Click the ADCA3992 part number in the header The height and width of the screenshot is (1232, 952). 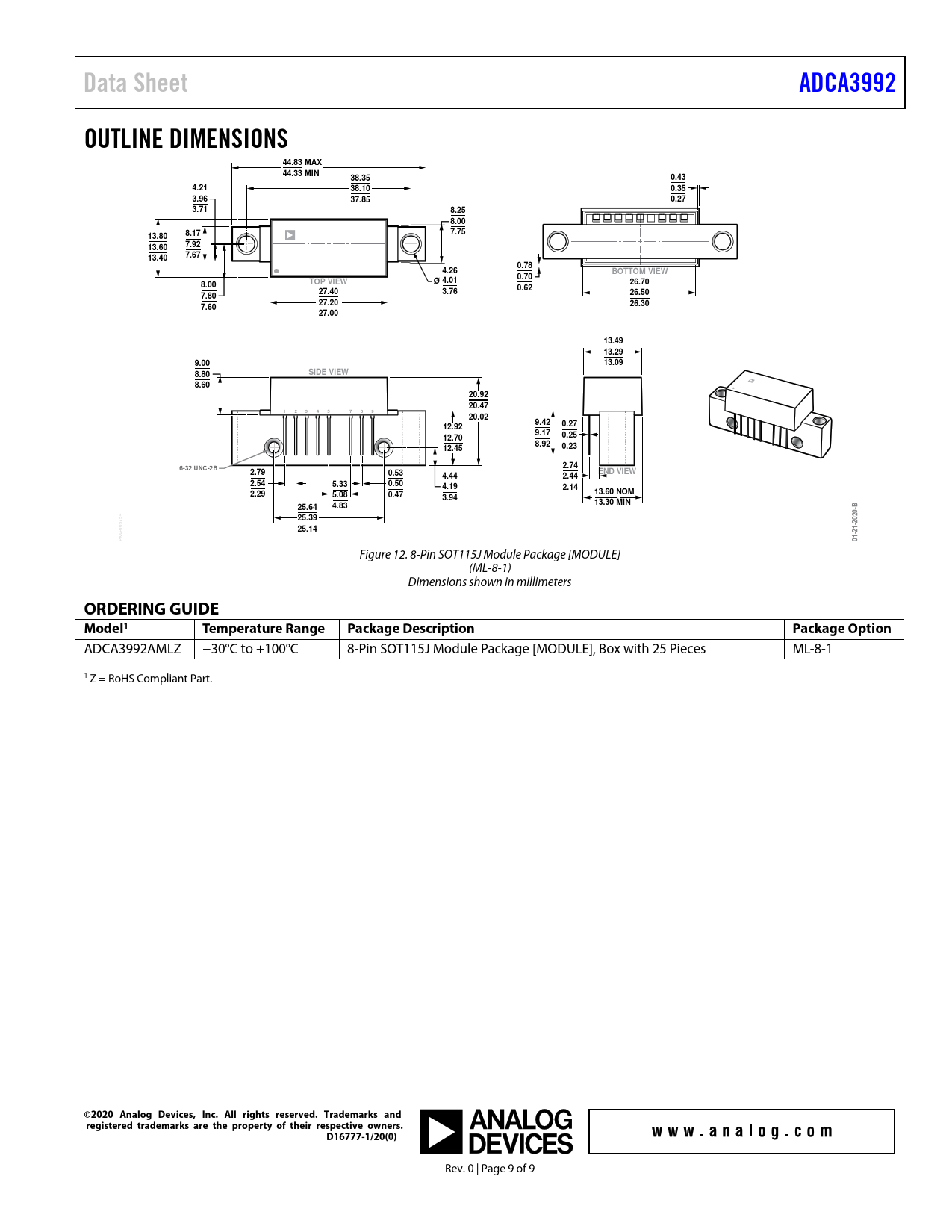pos(847,83)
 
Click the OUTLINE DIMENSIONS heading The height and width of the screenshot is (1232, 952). pos(186,139)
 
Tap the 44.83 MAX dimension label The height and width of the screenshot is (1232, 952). pos(302,162)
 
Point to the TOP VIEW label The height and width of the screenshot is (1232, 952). pos(329,281)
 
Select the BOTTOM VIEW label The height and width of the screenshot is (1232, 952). pos(639,271)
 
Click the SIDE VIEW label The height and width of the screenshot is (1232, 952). pos(329,372)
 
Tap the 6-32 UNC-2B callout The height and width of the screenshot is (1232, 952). pos(198,468)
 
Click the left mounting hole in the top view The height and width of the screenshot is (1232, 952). pos(246,243)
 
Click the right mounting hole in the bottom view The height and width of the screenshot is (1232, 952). pos(722,241)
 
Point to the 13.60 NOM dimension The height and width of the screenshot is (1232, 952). pos(614,491)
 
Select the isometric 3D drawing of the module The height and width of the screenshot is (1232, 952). pos(770,413)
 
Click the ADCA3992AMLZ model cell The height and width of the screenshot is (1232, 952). pos(133,649)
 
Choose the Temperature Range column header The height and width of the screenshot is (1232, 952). pos(264,629)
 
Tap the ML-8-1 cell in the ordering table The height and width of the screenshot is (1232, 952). pos(812,649)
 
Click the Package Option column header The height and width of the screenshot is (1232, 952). pos(841,629)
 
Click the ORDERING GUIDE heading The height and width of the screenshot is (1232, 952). pos(152,609)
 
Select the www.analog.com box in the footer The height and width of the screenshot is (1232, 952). pos(741,1131)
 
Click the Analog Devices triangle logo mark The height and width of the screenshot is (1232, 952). pos(441,1131)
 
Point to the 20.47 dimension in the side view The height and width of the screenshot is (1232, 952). pos(479,405)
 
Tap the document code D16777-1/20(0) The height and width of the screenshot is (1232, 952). pos(361,1137)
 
